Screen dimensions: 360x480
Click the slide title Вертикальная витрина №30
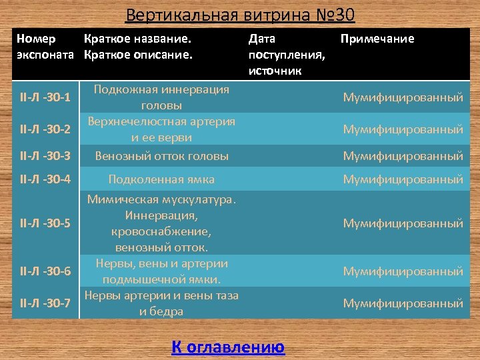(x=240, y=14)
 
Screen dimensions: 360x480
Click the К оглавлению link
(x=228, y=347)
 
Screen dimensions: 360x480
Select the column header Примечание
(x=377, y=39)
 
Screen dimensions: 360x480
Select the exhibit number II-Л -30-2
(x=46, y=129)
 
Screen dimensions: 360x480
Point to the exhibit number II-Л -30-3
(x=46, y=156)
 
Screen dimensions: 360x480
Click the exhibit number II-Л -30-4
(x=46, y=179)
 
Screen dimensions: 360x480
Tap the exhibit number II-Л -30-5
(x=46, y=223)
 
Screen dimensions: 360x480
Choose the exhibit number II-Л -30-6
(x=46, y=271)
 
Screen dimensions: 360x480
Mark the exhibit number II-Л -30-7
(x=46, y=303)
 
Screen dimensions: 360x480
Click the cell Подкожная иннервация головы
(x=161, y=97)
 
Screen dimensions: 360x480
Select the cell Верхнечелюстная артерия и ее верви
(x=161, y=129)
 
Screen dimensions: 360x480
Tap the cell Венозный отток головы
(x=161, y=156)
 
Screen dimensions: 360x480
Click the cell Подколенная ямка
(x=161, y=179)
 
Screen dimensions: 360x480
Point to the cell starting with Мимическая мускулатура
(x=161, y=223)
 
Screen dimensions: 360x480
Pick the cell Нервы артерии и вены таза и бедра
(x=161, y=303)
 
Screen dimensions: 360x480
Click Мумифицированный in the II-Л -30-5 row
(x=403, y=223)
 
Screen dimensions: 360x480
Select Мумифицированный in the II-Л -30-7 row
(x=403, y=303)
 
